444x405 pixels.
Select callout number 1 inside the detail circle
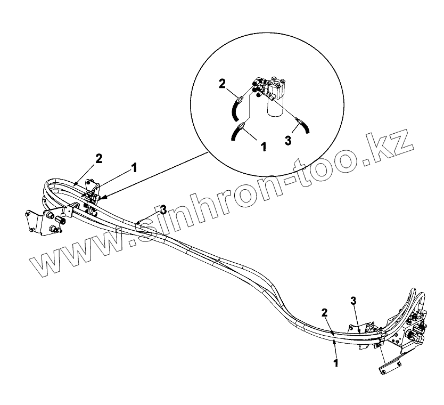click(x=262, y=145)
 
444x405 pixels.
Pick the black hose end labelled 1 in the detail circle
click(x=236, y=133)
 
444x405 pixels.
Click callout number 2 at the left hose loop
click(x=99, y=158)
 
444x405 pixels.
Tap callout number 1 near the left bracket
click(x=134, y=167)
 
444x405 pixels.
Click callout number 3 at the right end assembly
click(x=353, y=301)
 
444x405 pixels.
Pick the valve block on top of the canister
click(x=272, y=86)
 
